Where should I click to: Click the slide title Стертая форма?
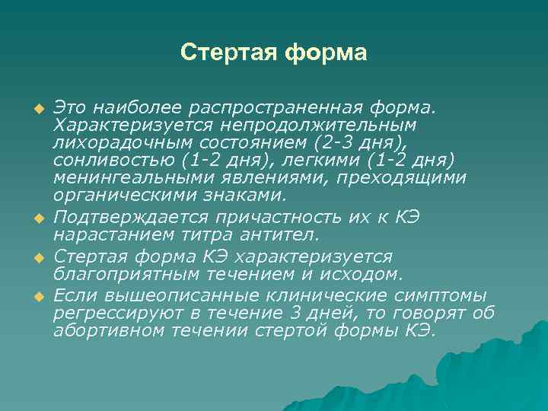[x=274, y=53]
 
